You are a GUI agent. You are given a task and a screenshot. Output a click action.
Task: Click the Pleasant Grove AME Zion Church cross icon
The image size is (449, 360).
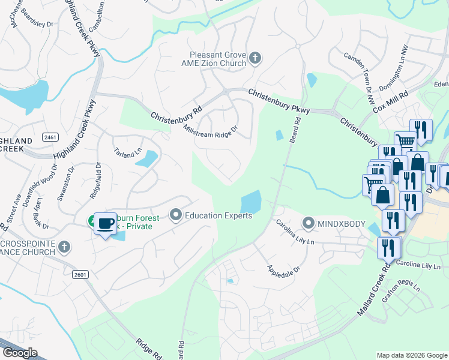pos(255,58)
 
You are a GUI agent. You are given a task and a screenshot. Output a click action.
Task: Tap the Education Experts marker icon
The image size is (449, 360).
pos(176,214)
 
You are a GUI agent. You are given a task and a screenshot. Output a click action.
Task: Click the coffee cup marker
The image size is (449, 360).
pos(106,224)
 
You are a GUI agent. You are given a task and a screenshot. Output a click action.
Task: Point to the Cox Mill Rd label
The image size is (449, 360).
pos(390,102)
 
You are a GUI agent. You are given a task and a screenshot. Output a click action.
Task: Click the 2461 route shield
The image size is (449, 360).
pos(50,137)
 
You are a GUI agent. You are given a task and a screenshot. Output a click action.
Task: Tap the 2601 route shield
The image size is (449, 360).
pos(80,274)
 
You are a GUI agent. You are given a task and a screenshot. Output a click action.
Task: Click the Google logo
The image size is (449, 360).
pos(20,353)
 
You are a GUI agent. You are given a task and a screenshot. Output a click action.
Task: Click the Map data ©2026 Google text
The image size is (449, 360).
pos(411,355)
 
